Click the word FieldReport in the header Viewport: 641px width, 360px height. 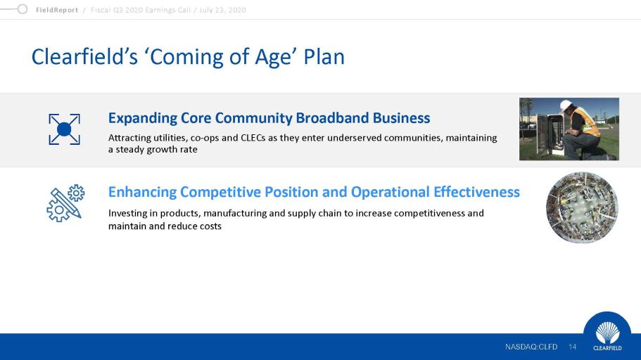coord(57,10)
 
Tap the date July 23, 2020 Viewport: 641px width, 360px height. coord(222,10)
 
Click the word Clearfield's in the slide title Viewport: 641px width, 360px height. coord(84,56)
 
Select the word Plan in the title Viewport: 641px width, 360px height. coord(324,56)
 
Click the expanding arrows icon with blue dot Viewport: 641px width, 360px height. coord(64,129)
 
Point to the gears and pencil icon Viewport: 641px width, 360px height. coord(65,203)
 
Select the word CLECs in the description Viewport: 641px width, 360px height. coord(253,138)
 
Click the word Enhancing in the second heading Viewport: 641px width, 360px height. coord(142,193)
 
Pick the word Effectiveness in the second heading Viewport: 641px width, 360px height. coord(476,192)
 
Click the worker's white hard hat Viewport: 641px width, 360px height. coord(566,105)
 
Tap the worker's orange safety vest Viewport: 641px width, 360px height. coord(587,122)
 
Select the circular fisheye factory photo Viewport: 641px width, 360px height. coord(582,207)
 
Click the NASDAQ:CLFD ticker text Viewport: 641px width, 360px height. coord(531,347)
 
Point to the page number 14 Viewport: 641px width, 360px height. coord(572,347)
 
